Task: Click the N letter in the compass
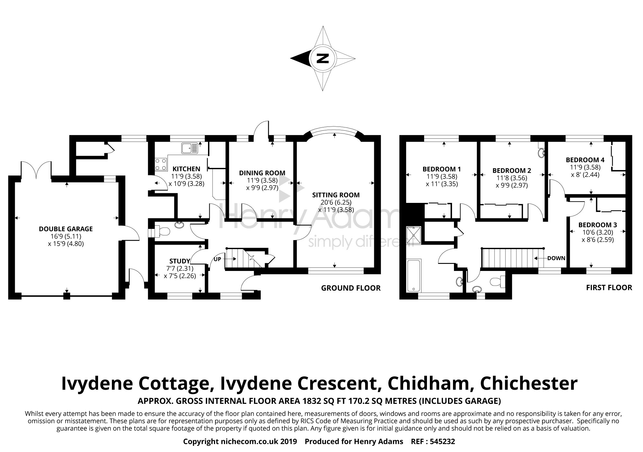click(322, 58)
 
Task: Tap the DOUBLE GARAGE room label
click(66, 229)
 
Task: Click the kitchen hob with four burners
click(161, 164)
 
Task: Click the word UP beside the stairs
click(217, 259)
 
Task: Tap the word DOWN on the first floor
click(556, 258)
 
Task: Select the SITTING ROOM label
click(336, 195)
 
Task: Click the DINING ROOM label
click(262, 173)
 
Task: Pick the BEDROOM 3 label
click(597, 225)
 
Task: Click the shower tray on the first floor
click(412, 235)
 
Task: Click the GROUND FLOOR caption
click(351, 288)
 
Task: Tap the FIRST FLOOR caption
click(609, 288)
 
